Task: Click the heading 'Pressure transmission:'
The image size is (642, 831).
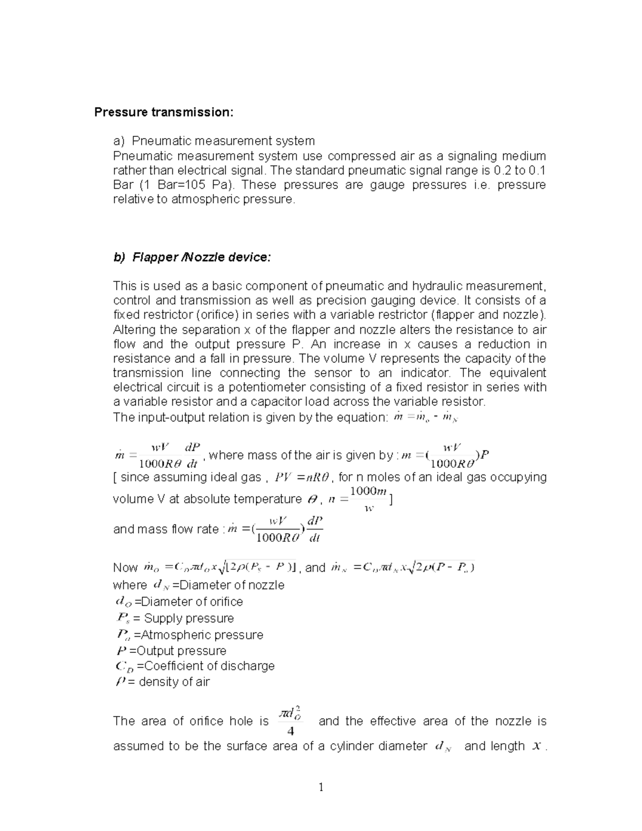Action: pyautogui.click(x=164, y=112)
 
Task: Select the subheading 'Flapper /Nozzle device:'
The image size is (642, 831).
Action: pyautogui.click(x=192, y=257)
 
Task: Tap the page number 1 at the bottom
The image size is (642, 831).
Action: pyautogui.click(x=321, y=787)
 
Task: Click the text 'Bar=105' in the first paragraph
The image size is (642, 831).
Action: pyautogui.click(x=166, y=185)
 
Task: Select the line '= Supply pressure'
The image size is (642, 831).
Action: pyautogui.click(x=184, y=619)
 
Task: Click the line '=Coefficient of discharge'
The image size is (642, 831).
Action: pyautogui.click(x=205, y=666)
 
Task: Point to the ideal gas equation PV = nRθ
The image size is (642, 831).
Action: pyautogui.click(x=303, y=477)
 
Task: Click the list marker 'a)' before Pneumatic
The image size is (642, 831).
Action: pyautogui.click(x=118, y=141)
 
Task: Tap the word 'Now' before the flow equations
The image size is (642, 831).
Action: pyautogui.click(x=125, y=568)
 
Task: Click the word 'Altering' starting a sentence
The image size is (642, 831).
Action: pyautogui.click(x=134, y=330)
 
